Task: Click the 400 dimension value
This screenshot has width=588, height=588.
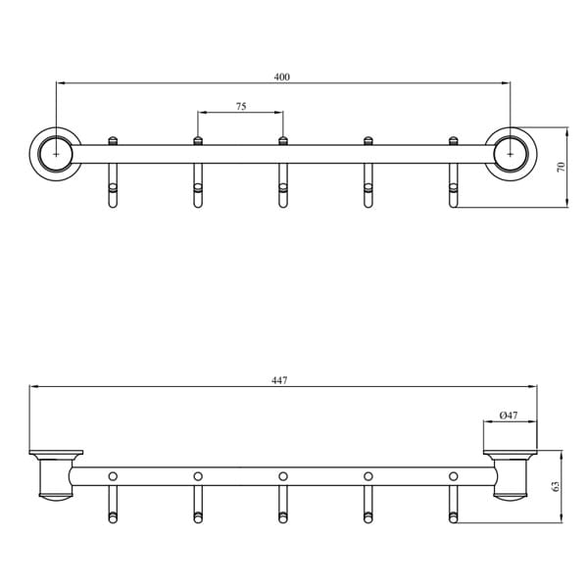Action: point(283,76)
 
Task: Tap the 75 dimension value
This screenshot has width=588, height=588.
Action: point(241,106)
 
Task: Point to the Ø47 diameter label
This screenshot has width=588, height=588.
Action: point(508,416)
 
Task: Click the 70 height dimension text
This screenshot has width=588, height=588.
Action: point(561,167)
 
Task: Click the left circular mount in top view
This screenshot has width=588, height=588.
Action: point(56,154)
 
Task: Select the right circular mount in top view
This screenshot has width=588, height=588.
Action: point(510,154)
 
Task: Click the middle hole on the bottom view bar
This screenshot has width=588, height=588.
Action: point(282,476)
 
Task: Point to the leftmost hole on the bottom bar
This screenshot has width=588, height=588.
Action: point(113,476)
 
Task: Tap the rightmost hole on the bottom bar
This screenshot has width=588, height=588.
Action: point(453,476)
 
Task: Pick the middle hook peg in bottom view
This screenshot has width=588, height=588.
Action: point(282,505)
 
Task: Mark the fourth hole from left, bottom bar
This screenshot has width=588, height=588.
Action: point(367,476)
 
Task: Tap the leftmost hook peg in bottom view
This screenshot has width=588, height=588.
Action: point(113,505)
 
